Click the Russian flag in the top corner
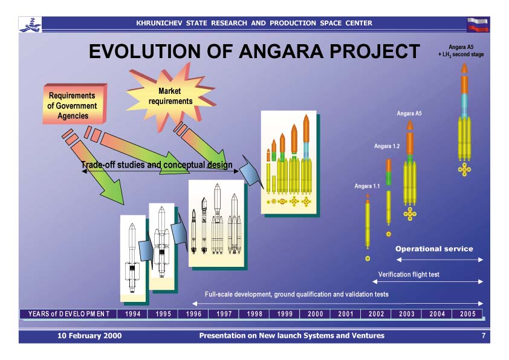(478, 25)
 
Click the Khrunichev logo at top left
(30, 25)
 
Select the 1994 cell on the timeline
(132, 314)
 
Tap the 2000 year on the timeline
(315, 314)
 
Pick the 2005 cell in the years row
(467, 314)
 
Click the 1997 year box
(224, 314)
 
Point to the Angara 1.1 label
(367, 186)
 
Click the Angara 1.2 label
(387, 146)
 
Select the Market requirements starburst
(170, 96)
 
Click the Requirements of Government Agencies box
(74, 105)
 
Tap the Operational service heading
(434, 249)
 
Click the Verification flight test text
(409, 275)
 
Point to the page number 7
(484, 335)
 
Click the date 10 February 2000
(89, 336)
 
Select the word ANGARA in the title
(281, 51)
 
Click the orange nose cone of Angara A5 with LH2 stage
(464, 68)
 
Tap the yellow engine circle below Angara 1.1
(368, 258)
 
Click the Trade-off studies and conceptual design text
(157, 165)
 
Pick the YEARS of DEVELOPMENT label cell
(68, 314)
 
